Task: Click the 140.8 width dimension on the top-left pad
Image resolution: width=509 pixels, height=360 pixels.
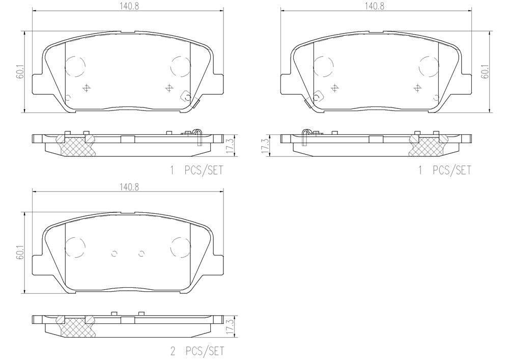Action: (x=127, y=6)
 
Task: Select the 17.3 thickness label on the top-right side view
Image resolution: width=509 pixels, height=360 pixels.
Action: (x=264, y=145)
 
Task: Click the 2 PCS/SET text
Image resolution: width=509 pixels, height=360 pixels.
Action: (x=196, y=351)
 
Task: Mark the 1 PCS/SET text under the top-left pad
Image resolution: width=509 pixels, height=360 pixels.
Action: (x=196, y=171)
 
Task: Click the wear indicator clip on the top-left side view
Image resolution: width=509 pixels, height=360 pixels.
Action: (x=198, y=137)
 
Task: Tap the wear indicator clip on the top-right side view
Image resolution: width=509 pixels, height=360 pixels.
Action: (x=305, y=137)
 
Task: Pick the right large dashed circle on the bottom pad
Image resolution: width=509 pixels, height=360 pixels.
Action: (x=180, y=246)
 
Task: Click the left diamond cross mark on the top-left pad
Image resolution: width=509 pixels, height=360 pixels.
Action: (x=86, y=88)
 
